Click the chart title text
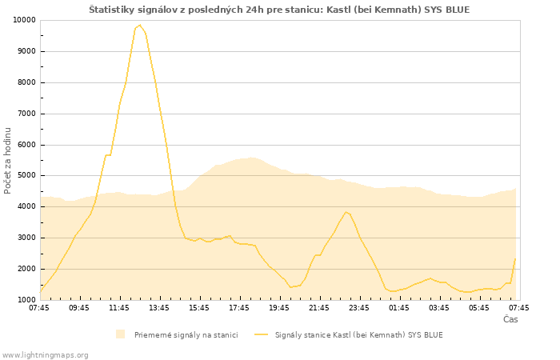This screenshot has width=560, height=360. click(x=279, y=10)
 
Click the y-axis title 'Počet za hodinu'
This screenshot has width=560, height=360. click(x=8, y=160)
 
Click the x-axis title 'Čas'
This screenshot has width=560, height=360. click(x=510, y=319)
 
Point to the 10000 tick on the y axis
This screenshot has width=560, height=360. click(x=22, y=20)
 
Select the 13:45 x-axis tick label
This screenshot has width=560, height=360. click(x=159, y=307)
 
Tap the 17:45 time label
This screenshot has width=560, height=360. click(x=239, y=307)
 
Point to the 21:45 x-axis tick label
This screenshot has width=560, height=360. click(x=319, y=307)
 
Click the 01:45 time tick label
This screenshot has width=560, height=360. click(x=399, y=307)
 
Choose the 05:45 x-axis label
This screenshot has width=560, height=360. click(x=479, y=307)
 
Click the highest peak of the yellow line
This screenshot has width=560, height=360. click(x=140, y=25)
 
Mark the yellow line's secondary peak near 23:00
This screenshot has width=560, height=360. click(x=346, y=212)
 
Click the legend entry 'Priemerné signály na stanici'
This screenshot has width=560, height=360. click(x=186, y=334)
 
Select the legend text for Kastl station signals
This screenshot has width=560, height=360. click(x=358, y=334)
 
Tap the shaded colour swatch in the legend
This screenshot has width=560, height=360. click(x=120, y=334)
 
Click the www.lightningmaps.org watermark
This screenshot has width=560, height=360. click(x=46, y=354)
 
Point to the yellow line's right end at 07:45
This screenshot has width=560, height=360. click(x=515, y=258)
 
